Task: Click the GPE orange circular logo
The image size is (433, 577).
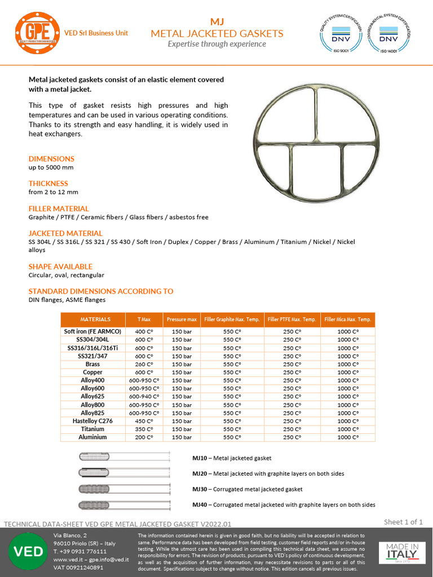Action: [37, 33]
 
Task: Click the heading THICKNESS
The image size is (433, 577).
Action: [48, 183]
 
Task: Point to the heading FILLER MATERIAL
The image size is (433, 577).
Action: [59, 208]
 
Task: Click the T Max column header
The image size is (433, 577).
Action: [144, 319]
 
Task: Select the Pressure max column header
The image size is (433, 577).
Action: [182, 319]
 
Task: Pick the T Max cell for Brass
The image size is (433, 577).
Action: [144, 365]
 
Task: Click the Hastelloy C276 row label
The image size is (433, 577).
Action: [92, 421]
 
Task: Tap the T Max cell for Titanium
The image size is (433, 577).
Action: [144, 429]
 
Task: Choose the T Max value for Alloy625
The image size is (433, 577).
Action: [144, 397]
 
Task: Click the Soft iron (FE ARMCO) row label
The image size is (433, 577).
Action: [92, 332]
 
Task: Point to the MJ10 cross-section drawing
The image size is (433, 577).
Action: [125, 457]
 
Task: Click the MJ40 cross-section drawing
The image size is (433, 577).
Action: [125, 504]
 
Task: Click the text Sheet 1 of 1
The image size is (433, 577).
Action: [403, 522]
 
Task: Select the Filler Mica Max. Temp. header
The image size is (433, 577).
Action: [348, 319]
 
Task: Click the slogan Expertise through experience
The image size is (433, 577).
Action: [216, 44]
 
